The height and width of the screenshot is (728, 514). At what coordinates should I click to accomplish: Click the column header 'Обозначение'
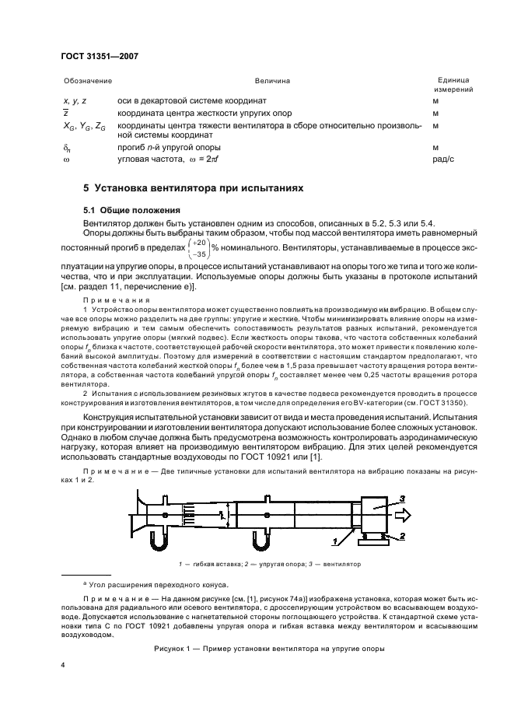coord(87,81)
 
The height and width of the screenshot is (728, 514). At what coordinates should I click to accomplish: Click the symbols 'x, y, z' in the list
coord(75,101)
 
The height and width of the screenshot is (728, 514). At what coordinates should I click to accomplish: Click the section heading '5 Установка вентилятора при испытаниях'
coord(194,188)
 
